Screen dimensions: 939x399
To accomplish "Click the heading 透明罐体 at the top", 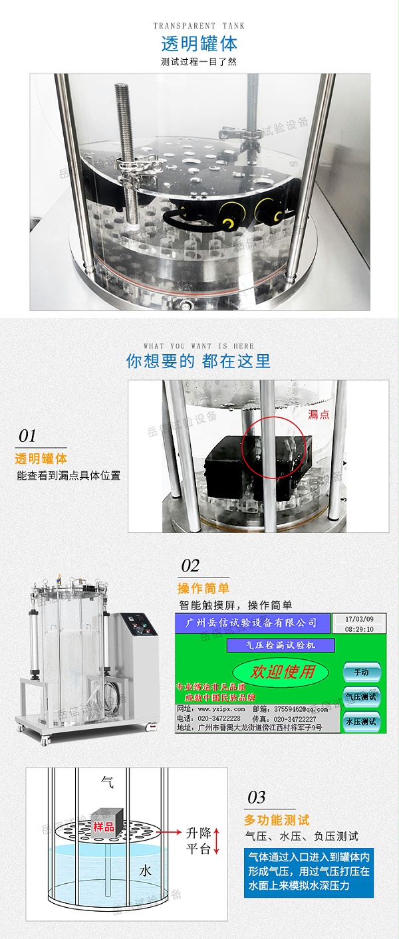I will pyautogui.click(x=199, y=44).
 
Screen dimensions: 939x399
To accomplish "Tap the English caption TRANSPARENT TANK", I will pyautogui.click(x=199, y=26).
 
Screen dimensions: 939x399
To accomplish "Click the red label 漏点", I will pyautogui.click(x=319, y=415).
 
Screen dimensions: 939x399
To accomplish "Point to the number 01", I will pyautogui.click(x=28, y=436).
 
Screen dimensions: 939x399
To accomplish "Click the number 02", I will pyautogui.click(x=190, y=566).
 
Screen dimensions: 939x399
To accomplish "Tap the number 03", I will pyautogui.click(x=257, y=797).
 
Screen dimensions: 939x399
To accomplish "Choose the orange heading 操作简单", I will pyautogui.click(x=203, y=588).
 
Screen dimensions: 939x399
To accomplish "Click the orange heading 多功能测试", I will pyautogui.click(x=277, y=820).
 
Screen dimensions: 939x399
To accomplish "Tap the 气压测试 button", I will pyautogui.click(x=361, y=696).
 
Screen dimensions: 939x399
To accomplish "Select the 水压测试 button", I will pyautogui.click(x=361, y=721).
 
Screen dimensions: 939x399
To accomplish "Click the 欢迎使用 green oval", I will pyautogui.click(x=281, y=671).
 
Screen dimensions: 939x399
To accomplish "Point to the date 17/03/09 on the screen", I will pyautogui.click(x=359, y=619).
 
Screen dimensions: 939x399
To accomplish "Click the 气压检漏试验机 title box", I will pyautogui.click(x=281, y=645).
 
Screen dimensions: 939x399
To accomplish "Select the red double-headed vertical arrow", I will pyautogui.click(x=216, y=841).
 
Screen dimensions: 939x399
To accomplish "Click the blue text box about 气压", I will pyautogui.click(x=309, y=873).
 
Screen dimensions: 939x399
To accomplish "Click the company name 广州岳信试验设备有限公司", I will pyautogui.click(x=252, y=623).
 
